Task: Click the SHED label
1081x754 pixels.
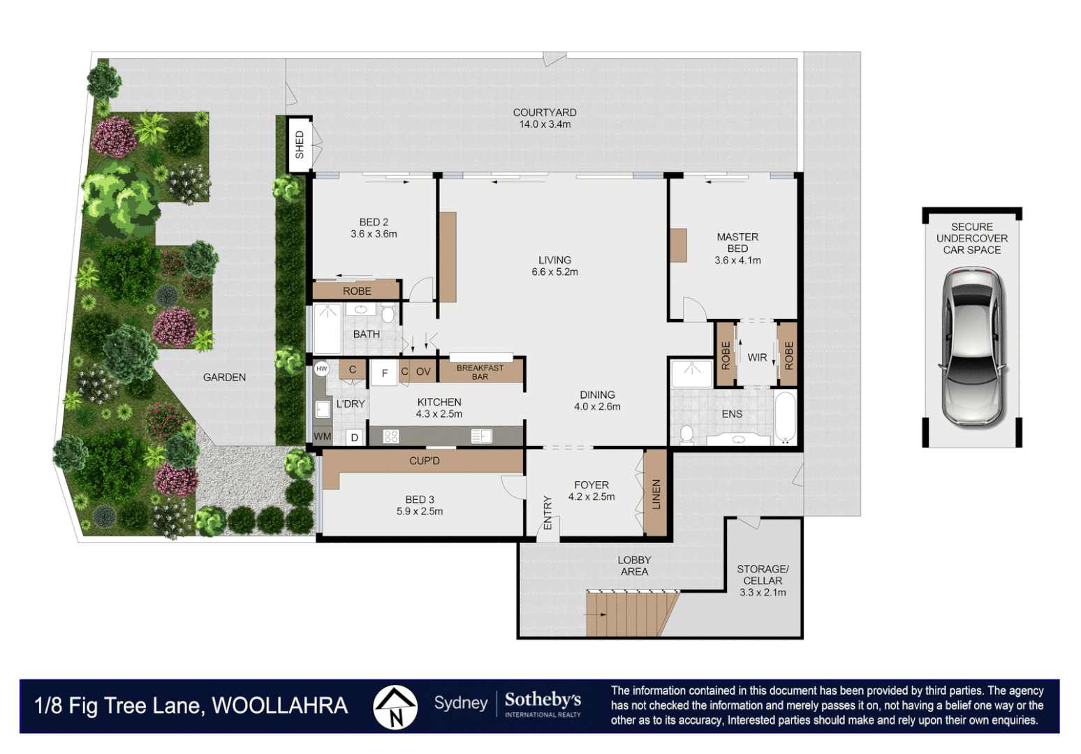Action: tap(300, 145)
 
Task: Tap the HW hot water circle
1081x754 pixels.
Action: tap(321, 369)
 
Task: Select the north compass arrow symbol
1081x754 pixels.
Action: tap(395, 707)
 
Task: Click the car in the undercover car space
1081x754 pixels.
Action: tap(972, 348)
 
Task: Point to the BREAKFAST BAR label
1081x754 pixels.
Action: tap(480, 372)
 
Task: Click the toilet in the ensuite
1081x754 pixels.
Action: tap(686, 434)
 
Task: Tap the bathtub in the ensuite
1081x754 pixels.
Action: tap(785, 417)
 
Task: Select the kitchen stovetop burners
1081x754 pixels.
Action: tap(391, 436)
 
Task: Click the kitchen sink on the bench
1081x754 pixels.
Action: tap(482, 436)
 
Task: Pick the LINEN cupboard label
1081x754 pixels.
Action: tap(656, 494)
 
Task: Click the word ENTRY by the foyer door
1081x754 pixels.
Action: tap(547, 512)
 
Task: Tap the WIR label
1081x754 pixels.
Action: tap(757, 357)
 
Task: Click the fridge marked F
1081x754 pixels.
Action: tap(384, 373)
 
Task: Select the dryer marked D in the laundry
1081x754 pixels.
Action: tap(355, 438)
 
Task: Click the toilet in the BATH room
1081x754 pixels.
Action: tap(388, 315)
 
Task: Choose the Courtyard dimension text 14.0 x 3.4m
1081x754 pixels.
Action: tap(545, 124)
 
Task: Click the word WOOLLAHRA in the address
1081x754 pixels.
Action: tap(280, 705)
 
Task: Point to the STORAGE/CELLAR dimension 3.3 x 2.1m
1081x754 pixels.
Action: tap(763, 593)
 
